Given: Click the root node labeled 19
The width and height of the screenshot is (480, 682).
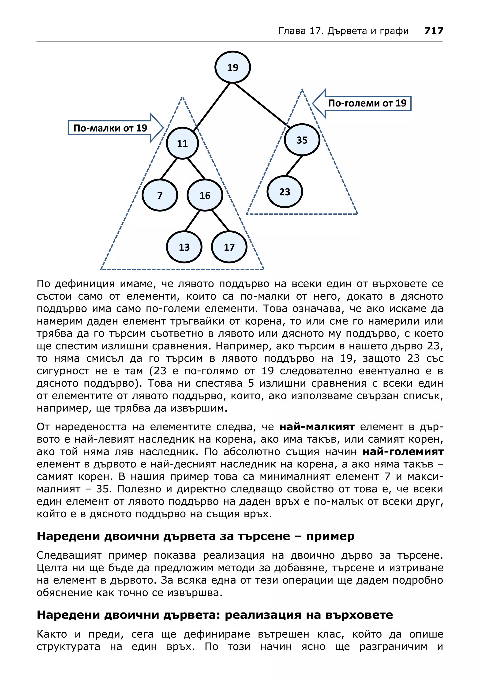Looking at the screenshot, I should (232, 67).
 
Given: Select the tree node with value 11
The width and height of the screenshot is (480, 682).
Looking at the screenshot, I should (182, 143).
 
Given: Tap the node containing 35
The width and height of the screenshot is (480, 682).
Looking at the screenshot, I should (302, 140).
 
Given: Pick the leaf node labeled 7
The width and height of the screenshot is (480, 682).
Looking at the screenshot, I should (160, 195).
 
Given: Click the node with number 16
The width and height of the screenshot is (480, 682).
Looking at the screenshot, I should (205, 195).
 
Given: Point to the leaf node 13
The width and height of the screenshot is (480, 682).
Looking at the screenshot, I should (184, 247).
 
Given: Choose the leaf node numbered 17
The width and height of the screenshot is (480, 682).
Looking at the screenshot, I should (229, 247).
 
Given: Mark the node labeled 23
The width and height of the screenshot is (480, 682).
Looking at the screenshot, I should (285, 192).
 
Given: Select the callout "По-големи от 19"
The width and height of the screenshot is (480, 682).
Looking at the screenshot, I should (367, 103).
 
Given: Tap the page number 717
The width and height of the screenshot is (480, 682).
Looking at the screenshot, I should (434, 31).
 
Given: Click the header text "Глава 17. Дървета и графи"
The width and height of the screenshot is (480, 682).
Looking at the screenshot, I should (344, 31).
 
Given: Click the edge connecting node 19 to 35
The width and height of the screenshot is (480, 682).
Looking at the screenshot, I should (262, 105).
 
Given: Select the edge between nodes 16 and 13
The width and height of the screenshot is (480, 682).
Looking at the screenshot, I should (192, 221).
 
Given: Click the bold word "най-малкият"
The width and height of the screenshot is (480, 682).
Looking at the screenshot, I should (317, 427).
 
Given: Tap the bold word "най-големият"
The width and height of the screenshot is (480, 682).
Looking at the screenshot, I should (403, 452).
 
